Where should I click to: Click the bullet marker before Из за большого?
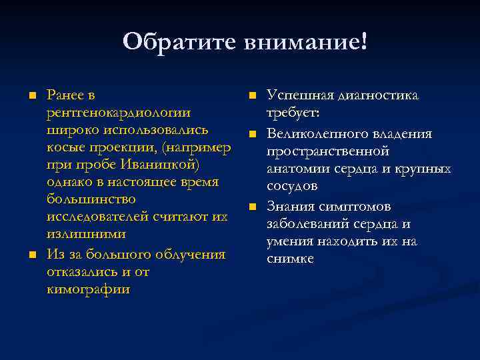coord(31,255)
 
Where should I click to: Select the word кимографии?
coord(88,289)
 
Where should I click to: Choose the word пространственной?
coord(327,151)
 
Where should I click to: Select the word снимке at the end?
coord(290,259)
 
